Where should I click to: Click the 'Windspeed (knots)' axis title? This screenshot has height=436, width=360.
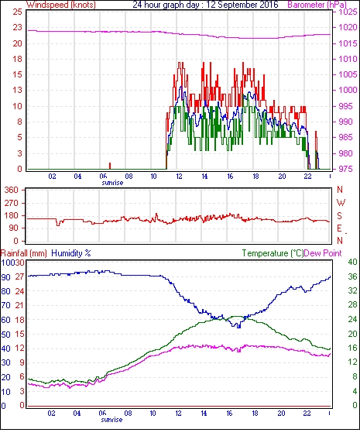pyautogui.click(x=61, y=5)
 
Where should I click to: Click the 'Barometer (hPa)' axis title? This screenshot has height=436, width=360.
pyautogui.click(x=317, y=5)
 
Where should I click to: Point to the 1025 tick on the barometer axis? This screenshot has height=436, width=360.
pyautogui.click(x=348, y=12)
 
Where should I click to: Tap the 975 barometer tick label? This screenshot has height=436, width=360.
pyautogui.click(x=346, y=169)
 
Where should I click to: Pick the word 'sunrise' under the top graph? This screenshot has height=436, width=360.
pyautogui.click(x=112, y=183)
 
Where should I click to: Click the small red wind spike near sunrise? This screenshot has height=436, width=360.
pyautogui.click(x=110, y=166)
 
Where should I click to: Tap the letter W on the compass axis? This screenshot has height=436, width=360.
pyautogui.click(x=341, y=203)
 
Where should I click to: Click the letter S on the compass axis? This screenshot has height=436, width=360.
pyautogui.click(x=339, y=216)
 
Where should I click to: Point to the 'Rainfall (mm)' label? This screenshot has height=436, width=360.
pyautogui.click(x=24, y=253)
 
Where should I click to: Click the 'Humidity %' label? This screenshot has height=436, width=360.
pyautogui.click(x=71, y=253)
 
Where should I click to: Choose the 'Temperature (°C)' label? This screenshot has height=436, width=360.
pyautogui.click(x=273, y=253)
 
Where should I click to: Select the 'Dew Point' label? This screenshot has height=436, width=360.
pyautogui.click(x=323, y=253)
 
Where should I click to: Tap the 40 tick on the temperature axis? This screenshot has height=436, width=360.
pyautogui.click(x=352, y=262)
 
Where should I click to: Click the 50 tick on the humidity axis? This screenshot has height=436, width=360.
pyautogui.click(x=6, y=335)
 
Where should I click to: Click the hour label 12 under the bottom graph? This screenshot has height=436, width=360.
pyautogui.click(x=178, y=414)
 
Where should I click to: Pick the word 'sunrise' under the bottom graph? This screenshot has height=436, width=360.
pyautogui.click(x=111, y=420)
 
